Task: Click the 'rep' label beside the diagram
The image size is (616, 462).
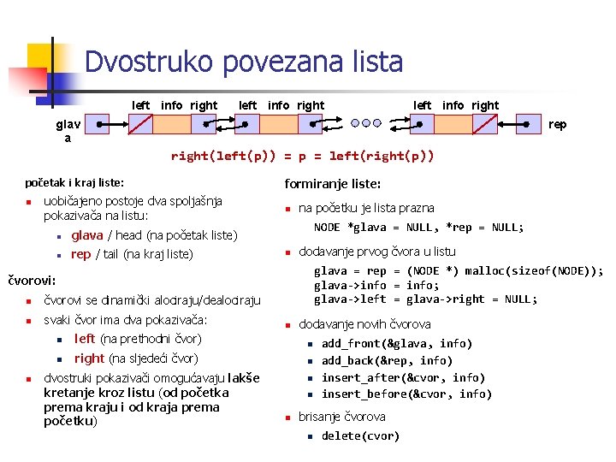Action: [557, 125]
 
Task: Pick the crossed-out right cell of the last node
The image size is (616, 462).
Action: [486, 125]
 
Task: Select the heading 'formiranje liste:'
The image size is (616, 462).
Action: [333, 184]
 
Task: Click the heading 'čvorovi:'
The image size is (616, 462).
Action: [32, 280]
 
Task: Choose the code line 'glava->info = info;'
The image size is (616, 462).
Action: [376, 286]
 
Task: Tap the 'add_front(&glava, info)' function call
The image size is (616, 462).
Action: [396, 343]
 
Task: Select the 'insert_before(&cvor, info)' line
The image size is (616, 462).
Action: [406, 394]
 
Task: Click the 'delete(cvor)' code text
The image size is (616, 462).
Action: [360, 436]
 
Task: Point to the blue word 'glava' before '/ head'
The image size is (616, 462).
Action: [87, 235]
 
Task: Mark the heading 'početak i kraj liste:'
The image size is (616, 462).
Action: [75, 183]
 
